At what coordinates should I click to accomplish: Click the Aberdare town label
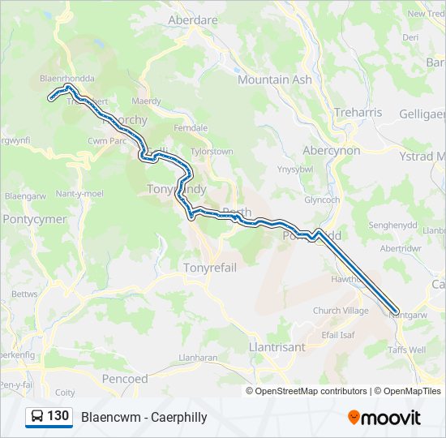[x=192, y=19]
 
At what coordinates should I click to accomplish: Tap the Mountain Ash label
[x=274, y=79]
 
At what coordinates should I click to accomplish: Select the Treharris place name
[x=357, y=113]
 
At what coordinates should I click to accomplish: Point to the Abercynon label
[x=331, y=151]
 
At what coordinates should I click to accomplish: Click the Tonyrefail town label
[x=210, y=267]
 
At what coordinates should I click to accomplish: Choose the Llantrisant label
[x=277, y=346]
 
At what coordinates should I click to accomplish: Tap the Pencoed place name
[x=126, y=379]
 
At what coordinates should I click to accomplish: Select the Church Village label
[x=341, y=311]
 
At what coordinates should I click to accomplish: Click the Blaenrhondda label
[x=67, y=79]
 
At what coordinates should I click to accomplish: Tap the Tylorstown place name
[x=211, y=152]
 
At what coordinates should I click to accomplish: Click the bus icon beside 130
[x=36, y=417]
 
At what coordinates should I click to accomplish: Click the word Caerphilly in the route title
[x=178, y=418]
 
